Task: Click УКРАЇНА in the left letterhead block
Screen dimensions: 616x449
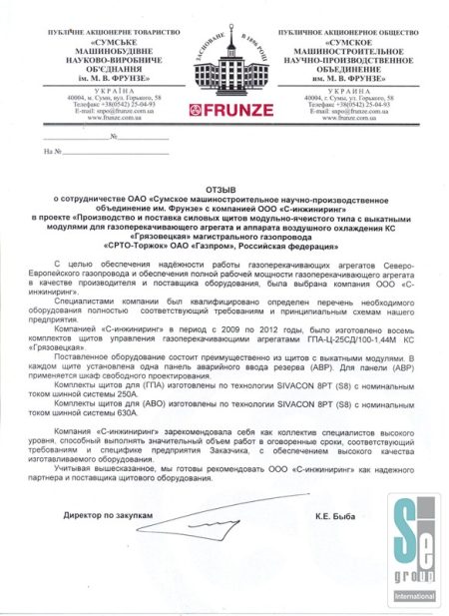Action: (x=96, y=89)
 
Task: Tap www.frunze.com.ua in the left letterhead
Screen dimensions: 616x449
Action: (x=96, y=117)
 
